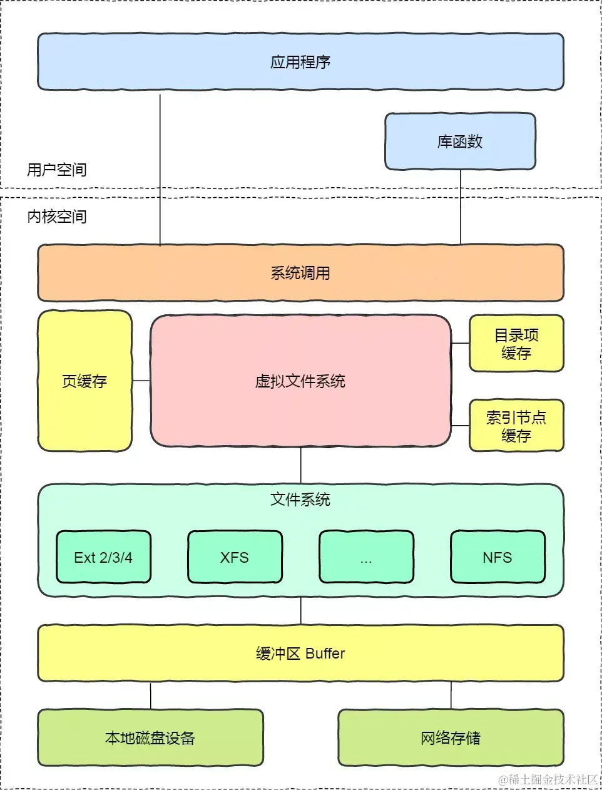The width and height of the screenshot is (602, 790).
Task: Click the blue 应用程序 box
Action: [300, 62]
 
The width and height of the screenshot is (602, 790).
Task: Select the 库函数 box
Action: [460, 141]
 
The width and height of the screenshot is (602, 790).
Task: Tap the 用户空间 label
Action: [57, 170]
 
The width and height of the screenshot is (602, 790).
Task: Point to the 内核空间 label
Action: [57, 217]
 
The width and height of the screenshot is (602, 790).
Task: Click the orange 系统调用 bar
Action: [300, 273]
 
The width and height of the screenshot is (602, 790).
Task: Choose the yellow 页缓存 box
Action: [84, 381]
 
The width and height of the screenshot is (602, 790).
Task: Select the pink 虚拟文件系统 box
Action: [300, 381]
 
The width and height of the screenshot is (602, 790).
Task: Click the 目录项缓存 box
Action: [516, 344]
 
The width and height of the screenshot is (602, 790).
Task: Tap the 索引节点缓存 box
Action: [516, 426]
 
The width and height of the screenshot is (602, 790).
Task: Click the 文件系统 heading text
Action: [300, 500]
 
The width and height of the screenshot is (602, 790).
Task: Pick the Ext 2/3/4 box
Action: [103, 557]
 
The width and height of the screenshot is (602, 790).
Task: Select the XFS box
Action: [235, 557]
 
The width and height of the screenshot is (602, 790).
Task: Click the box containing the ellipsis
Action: [366, 557]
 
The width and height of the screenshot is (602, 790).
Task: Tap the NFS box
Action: [497, 557]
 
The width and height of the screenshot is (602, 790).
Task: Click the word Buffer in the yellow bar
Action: [325, 654]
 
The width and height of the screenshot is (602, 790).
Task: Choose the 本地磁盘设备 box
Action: [150, 737]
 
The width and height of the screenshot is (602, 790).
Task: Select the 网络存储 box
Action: [451, 737]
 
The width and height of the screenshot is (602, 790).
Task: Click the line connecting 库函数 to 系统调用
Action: [461, 207]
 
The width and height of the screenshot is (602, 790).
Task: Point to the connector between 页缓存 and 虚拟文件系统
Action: [141, 381]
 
